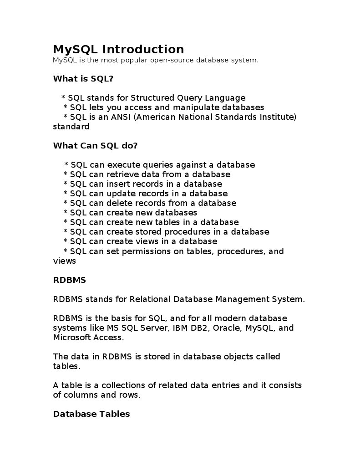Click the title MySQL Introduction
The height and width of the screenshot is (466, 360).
click(118, 49)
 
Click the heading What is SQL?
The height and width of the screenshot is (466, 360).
click(83, 79)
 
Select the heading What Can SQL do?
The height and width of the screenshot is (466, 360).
click(95, 146)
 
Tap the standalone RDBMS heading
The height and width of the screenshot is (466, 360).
click(69, 280)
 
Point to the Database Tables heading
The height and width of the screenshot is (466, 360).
click(91, 414)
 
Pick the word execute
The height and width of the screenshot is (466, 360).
click(124, 165)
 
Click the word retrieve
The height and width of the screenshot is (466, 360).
click(123, 174)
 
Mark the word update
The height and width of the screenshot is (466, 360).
click(121, 194)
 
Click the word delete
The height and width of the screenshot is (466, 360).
click(120, 203)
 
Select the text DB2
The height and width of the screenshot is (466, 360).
click(198, 328)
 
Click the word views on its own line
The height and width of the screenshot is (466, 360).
click(64, 261)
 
